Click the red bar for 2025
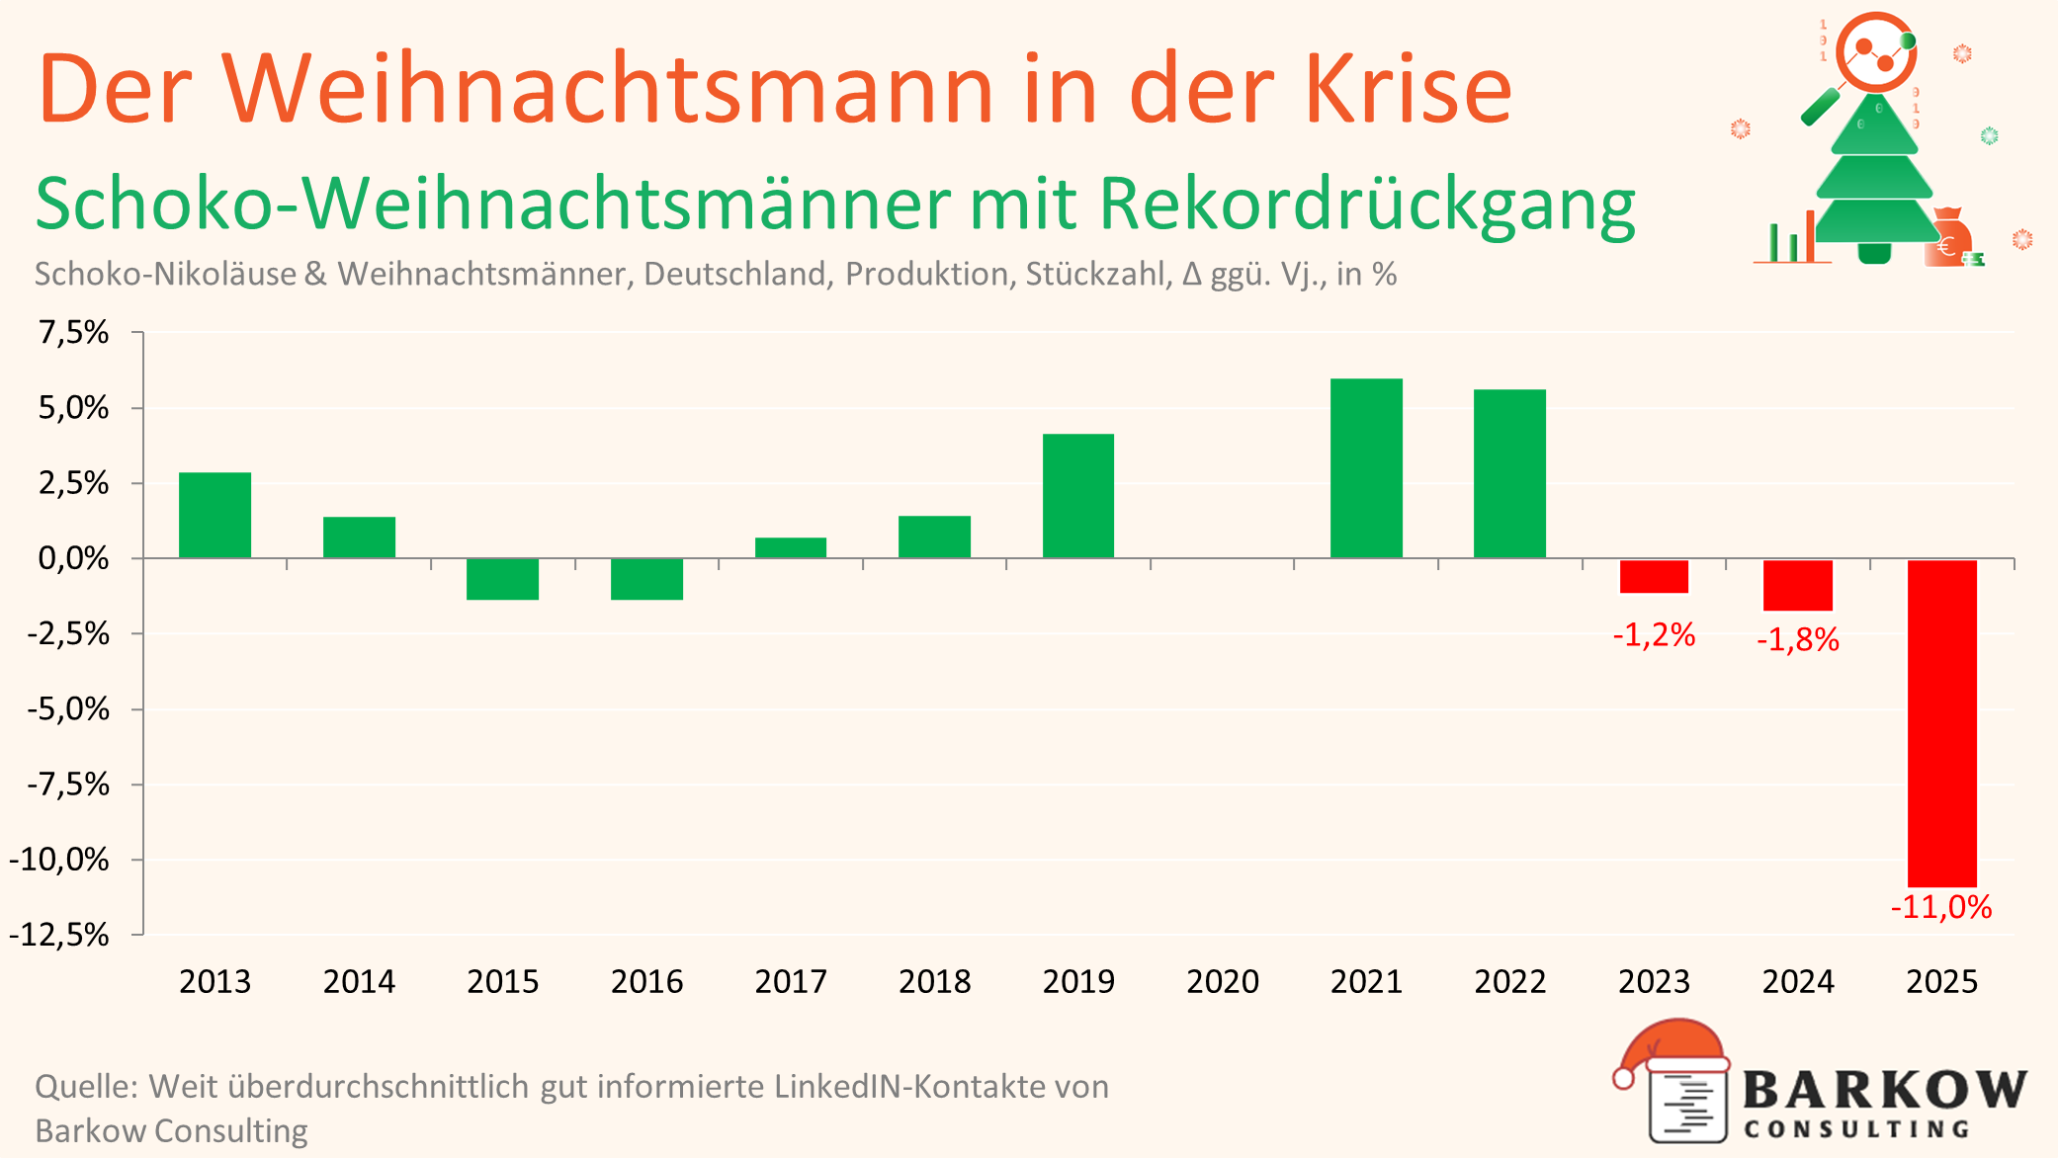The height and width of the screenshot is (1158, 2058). coord(1941,722)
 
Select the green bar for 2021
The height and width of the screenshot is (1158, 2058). coord(1366,468)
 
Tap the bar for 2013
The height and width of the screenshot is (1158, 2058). coord(214,515)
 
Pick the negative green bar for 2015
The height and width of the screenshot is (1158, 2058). coord(502,579)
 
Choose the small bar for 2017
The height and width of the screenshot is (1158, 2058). coord(790,547)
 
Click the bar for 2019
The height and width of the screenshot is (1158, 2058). coord(1077,496)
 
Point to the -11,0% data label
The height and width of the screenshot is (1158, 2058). coord(1940,907)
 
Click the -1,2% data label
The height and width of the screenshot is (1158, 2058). coord(1654,634)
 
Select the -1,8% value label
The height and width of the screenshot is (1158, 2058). coord(1797,640)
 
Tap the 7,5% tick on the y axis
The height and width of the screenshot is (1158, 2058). coord(73,332)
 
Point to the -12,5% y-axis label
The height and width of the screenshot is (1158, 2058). coord(59,935)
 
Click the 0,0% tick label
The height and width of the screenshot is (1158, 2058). coord(73,558)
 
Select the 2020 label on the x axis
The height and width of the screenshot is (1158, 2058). coord(1222,981)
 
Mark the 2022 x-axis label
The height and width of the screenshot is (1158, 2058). coord(1509,981)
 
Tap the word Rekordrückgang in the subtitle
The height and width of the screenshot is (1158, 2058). coord(1366,205)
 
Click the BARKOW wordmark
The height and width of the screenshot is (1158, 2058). coord(1884,1091)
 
